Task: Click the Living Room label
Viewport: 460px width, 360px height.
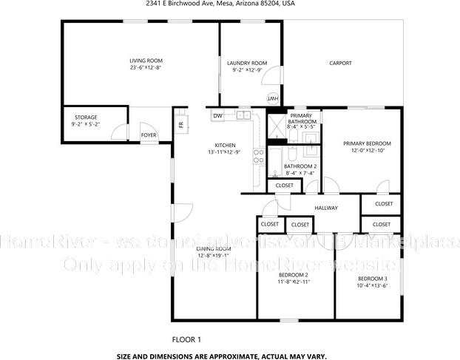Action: [146, 61]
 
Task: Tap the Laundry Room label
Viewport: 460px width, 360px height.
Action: [247, 64]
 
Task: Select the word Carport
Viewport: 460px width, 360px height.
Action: [340, 63]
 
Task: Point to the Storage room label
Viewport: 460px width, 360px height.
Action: [85, 118]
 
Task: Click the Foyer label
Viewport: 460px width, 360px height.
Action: [149, 135]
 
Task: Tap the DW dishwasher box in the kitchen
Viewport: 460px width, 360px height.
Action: [218, 116]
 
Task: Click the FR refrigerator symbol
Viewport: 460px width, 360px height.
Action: [180, 123]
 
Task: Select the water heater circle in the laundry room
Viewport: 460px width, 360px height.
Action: [271, 98]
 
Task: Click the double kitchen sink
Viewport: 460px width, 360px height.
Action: [243, 115]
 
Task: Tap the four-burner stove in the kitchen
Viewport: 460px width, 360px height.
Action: [259, 155]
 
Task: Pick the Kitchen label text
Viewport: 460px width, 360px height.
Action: [225, 145]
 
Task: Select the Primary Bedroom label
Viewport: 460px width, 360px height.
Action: [367, 143]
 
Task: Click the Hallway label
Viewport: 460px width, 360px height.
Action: [325, 208]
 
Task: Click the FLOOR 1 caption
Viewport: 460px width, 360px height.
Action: [186, 339]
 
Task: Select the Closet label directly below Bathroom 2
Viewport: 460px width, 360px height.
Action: [284, 186]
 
